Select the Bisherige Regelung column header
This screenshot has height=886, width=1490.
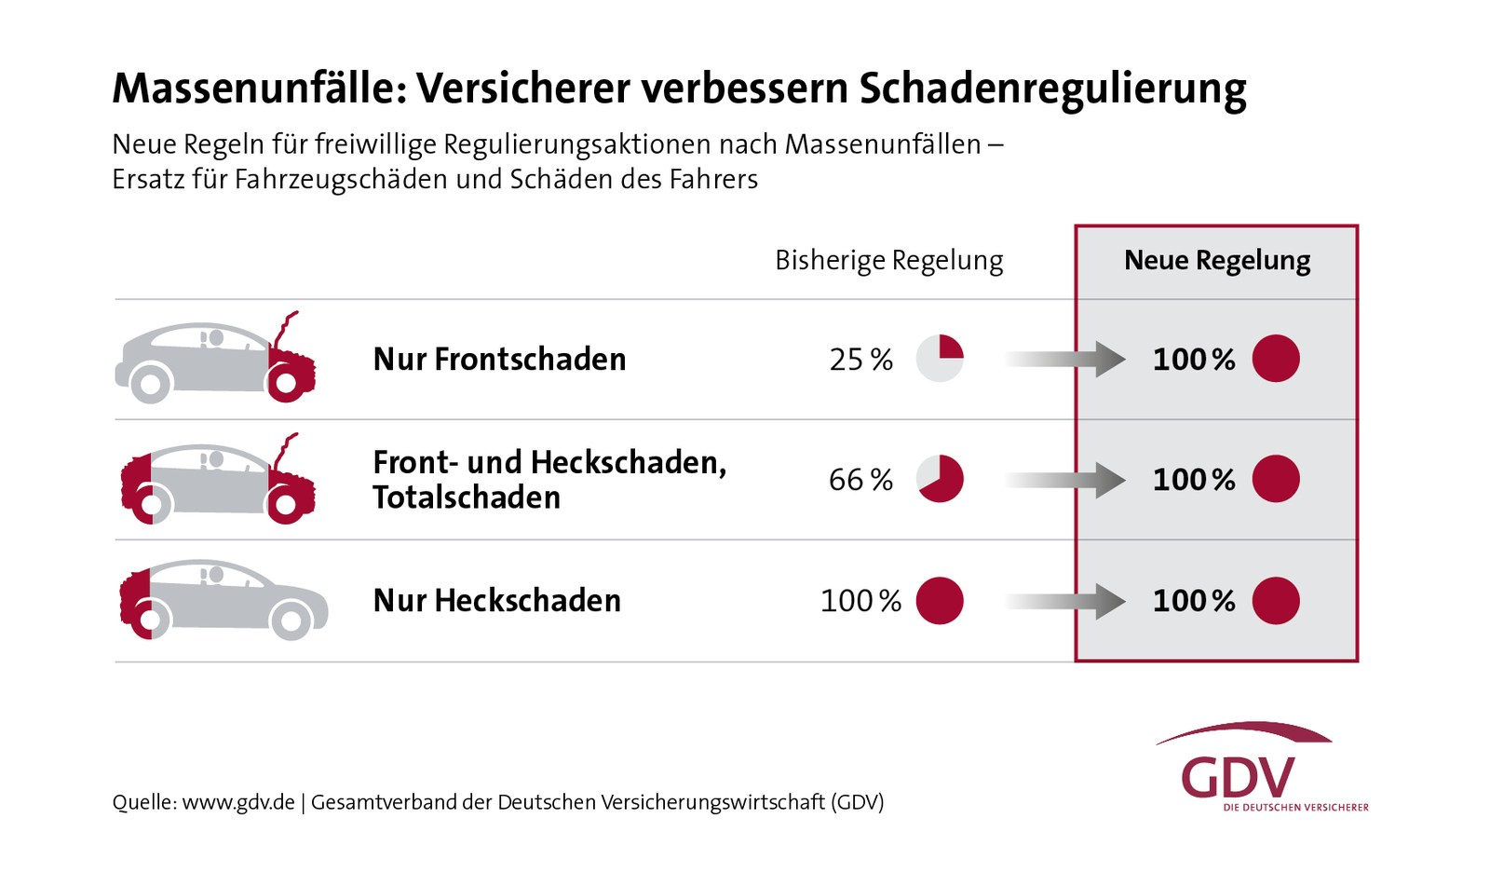point(888,261)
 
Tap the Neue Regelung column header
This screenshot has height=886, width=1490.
point(1216,261)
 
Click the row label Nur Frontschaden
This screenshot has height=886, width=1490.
point(499,360)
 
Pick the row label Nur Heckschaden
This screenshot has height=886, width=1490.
point(496,601)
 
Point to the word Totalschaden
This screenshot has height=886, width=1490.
point(467,498)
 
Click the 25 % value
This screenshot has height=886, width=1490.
point(860,360)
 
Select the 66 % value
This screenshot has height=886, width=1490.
point(860,480)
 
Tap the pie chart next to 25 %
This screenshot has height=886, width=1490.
point(940,359)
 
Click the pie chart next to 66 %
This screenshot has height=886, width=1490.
point(940,479)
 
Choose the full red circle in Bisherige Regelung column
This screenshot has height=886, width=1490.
point(940,601)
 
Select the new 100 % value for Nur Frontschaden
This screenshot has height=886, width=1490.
point(1193,360)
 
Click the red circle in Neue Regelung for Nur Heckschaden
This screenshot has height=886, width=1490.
point(1275,601)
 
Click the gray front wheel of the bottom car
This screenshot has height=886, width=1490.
point(291,620)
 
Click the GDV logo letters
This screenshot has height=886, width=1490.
point(1238,778)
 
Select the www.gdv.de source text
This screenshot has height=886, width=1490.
point(238,802)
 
